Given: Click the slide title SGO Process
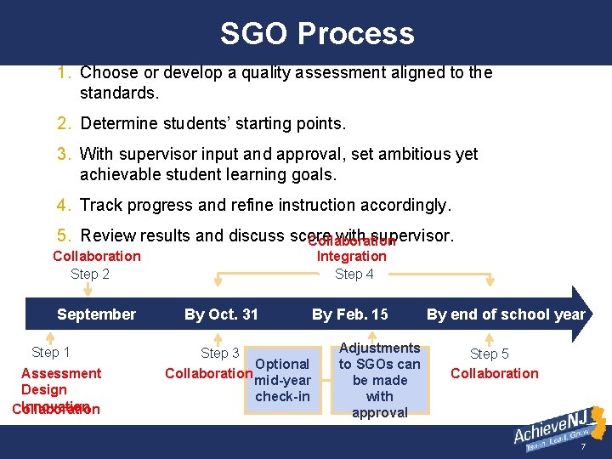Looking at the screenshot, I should (x=317, y=33).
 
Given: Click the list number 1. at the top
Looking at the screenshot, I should (x=65, y=73).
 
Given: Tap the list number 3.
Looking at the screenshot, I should (x=65, y=154).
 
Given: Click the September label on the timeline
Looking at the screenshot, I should (x=96, y=314).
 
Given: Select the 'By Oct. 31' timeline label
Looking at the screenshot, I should (x=221, y=314).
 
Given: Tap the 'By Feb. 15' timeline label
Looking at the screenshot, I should (x=349, y=314).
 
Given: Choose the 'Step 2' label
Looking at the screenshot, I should (x=90, y=274).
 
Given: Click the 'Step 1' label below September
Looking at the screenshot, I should (x=51, y=352).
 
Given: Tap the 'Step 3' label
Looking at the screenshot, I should (x=219, y=353).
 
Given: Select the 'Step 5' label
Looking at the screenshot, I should (x=490, y=354).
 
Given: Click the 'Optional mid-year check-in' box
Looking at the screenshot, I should (x=283, y=380).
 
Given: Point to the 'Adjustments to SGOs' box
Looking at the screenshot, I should (x=379, y=380).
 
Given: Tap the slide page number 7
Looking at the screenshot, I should (x=583, y=447).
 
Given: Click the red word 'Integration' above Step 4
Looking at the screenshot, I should (x=351, y=256).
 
